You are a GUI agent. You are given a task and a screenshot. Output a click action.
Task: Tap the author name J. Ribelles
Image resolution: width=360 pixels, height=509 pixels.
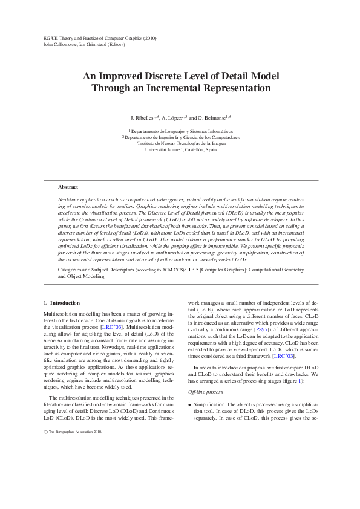click(143, 117)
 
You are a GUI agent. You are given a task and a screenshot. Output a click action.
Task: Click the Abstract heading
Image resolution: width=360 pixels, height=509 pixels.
click(68, 187)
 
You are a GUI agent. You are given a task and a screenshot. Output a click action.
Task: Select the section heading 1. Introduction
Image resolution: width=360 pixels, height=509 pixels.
click(62, 302)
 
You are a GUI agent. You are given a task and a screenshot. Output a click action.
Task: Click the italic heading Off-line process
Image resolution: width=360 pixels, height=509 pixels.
click(206, 392)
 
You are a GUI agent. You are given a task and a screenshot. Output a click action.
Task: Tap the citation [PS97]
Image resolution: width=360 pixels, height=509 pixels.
click(261, 347)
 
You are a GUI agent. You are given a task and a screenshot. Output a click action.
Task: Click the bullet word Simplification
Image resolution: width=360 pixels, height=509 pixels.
click(210, 403)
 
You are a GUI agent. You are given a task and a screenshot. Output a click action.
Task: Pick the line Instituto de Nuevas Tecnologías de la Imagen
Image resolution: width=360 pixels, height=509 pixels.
click(181, 143)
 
